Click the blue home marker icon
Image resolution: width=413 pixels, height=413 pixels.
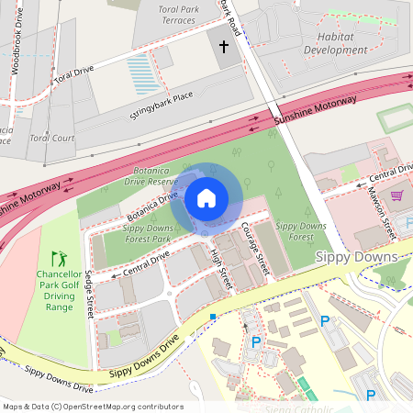(x=206, y=197)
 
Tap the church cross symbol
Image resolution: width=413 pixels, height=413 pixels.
(x=224, y=46)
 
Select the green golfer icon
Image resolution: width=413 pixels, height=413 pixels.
(x=59, y=259)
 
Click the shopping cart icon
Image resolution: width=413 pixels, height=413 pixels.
(x=396, y=195)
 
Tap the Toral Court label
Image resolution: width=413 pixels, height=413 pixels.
(x=51, y=139)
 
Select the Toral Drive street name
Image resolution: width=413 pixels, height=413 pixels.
(x=74, y=73)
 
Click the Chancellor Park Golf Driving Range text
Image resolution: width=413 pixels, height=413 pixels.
(x=59, y=290)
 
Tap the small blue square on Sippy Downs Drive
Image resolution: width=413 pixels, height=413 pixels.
(x=213, y=317)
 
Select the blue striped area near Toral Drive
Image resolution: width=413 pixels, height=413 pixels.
(x=143, y=73)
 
